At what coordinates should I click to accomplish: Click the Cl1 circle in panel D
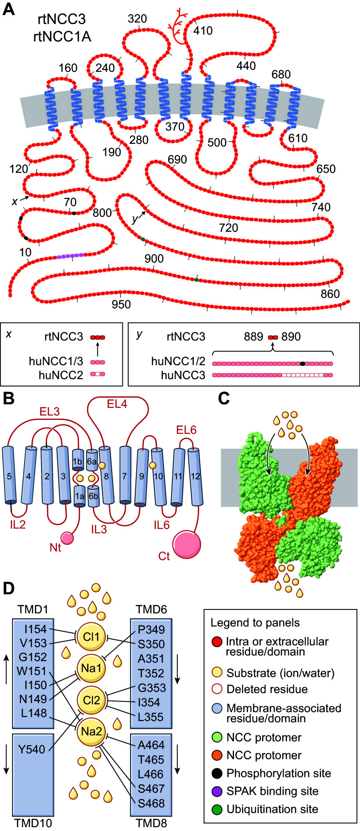point(91,636)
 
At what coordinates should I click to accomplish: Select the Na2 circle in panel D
point(91,731)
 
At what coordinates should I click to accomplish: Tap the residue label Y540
point(32,749)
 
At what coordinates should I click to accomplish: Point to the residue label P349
point(151,630)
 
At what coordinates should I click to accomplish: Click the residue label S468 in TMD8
point(151,803)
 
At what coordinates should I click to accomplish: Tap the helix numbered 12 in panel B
point(195,477)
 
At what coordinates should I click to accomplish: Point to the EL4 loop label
point(117,404)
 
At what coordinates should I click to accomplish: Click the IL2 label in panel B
point(18,524)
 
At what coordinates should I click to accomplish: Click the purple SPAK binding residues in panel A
point(70,256)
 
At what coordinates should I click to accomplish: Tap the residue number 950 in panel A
point(121,305)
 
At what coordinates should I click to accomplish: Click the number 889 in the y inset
point(253,336)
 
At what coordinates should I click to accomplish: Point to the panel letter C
point(224,398)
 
